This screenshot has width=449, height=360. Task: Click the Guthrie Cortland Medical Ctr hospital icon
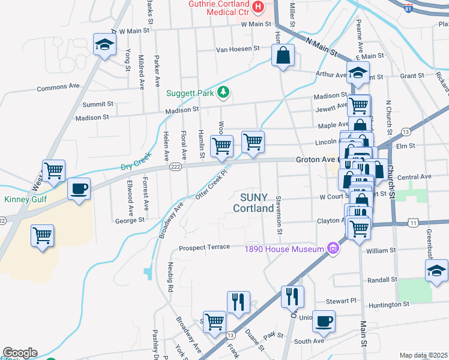tap(258, 7)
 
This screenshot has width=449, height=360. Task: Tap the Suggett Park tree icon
tap(224, 92)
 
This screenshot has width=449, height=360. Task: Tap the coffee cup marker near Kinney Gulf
tap(79, 189)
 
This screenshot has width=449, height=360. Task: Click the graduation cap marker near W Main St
tap(104, 44)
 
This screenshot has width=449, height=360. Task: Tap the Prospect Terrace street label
tap(204, 247)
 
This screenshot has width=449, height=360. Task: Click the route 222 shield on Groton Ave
tap(175, 166)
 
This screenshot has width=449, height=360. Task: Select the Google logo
tap(19, 353)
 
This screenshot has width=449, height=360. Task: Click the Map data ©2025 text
tap(424, 355)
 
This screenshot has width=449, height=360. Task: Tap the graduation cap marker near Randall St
tap(436, 271)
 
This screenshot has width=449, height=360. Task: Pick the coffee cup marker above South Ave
tap(324, 321)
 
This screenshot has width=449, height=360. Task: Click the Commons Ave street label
tap(58, 87)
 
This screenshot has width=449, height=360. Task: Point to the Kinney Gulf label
tap(25, 200)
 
